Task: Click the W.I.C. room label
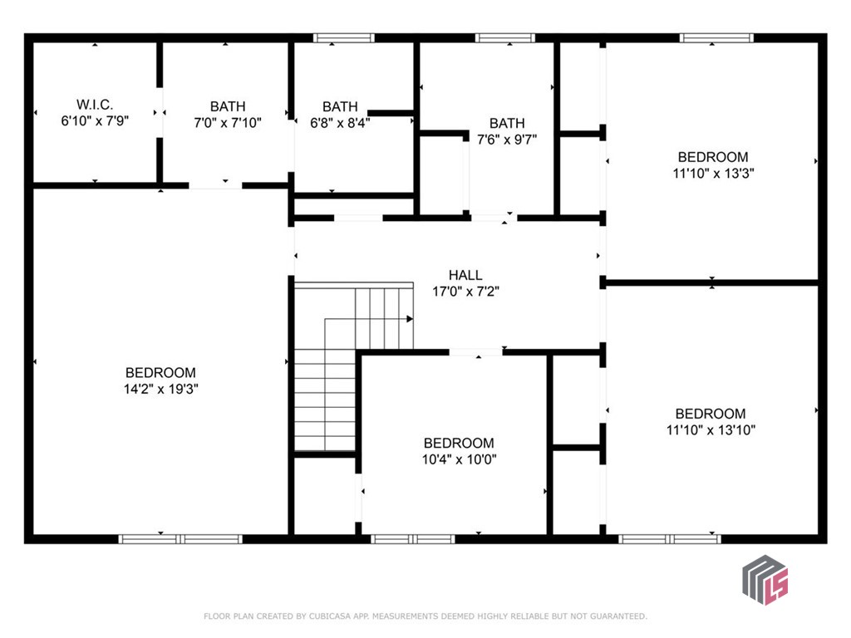pos(95,104)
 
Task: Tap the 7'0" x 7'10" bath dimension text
pos(228,123)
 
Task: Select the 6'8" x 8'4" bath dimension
pos(340,123)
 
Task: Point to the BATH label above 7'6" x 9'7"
pos(507,123)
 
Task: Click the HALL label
pos(465,275)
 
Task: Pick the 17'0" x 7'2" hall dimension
pos(465,292)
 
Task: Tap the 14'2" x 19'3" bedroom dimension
pos(160,389)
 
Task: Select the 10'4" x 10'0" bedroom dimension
pos(459,459)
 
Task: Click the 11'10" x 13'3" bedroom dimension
pos(713,173)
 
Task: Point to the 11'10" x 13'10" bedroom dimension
pos(711,429)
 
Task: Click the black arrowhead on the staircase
pos(410,319)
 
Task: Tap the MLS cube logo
pos(765,579)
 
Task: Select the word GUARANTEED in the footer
pos(618,616)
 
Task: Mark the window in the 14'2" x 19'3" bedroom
pos(180,538)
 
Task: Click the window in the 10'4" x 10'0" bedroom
pos(412,538)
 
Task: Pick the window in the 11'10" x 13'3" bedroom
pos(716,38)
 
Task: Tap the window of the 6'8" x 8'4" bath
pos(344,38)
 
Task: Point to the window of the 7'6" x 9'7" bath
pos(505,38)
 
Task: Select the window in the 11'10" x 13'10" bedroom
pos(670,538)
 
